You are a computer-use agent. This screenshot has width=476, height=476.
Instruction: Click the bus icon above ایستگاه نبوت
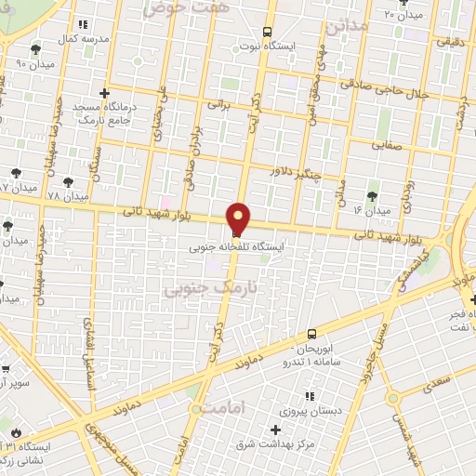point(268,31)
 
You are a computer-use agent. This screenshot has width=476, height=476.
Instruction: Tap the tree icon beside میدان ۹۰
point(35,49)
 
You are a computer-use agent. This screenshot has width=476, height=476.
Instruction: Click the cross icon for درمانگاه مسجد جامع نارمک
point(103,93)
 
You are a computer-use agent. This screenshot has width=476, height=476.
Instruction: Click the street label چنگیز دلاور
point(295,172)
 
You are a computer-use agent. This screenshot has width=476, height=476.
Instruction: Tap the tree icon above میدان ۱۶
point(372,195)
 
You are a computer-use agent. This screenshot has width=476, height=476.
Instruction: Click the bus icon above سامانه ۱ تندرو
point(311,335)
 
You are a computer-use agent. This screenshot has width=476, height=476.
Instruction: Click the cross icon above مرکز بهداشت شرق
point(275,430)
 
